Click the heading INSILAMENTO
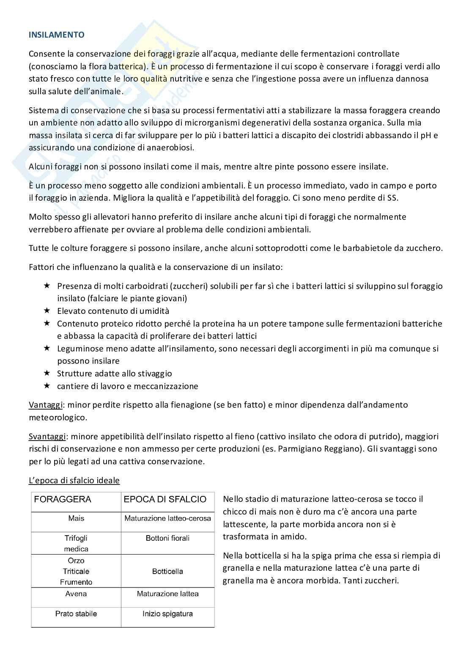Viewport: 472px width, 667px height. pos(56,35)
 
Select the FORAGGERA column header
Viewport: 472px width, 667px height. pos(63,499)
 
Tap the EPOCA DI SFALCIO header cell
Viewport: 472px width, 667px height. pos(165,499)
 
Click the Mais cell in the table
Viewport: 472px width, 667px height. pos(76,518)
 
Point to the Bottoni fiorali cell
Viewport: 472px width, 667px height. pos(167,538)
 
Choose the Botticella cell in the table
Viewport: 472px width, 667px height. pos(167,572)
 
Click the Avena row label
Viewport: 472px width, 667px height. pos(76,594)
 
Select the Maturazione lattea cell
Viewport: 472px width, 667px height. pos(167,594)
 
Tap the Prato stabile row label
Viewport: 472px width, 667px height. pos(76,614)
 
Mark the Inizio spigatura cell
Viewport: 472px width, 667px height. pos(167,614)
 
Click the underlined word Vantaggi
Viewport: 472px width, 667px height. pos(46,405)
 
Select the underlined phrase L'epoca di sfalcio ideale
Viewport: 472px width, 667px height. pos(74,481)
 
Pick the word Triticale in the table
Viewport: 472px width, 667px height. pos(76,572)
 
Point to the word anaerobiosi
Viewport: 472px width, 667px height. pos(171,148)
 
